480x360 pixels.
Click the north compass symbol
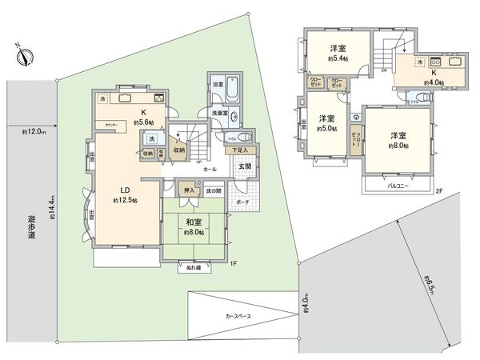(x=26, y=56)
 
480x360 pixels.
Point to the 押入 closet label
(x=189, y=190)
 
